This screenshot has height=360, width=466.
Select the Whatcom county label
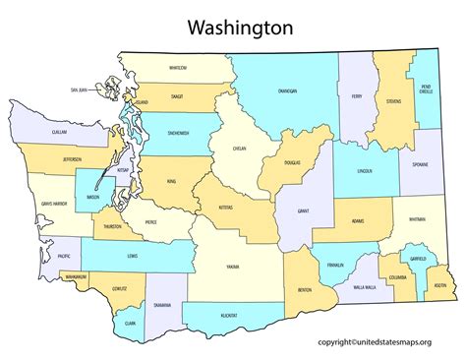(178, 68)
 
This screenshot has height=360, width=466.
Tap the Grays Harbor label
(52, 204)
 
